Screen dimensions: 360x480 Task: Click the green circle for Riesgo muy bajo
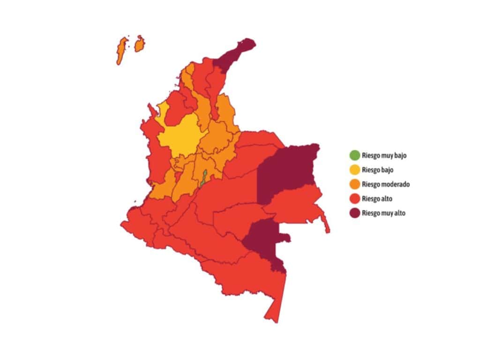354,155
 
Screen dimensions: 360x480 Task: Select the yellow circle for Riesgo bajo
354,169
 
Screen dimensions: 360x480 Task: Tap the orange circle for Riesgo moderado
354,184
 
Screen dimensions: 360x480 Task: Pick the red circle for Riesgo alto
354,199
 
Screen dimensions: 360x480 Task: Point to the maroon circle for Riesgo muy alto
354,213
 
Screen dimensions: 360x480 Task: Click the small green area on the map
203,179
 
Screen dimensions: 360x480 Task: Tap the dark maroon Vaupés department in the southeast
265,239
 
